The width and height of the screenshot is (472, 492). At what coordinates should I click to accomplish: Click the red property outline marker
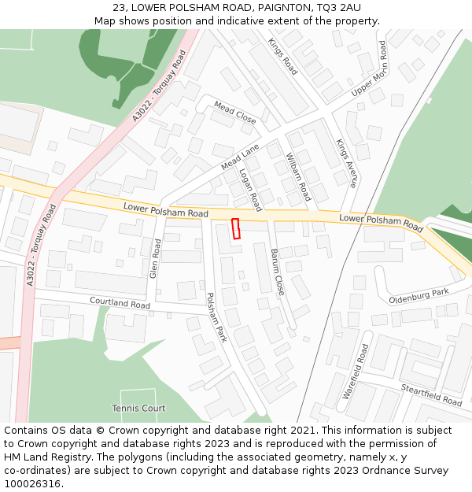click(235, 228)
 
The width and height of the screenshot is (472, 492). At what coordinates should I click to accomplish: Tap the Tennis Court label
click(138, 409)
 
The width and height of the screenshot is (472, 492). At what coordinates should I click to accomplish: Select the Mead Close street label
click(235, 113)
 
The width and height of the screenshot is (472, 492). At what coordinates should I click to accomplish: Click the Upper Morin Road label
click(370, 69)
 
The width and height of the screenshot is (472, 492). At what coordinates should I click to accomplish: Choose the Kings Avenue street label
click(347, 163)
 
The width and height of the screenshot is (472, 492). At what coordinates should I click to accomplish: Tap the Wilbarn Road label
click(299, 176)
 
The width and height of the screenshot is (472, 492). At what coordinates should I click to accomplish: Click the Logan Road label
click(250, 190)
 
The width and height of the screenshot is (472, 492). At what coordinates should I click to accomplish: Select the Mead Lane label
click(240, 157)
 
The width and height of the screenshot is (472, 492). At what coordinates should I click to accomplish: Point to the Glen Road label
click(155, 260)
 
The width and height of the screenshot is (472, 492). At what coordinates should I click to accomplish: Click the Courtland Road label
click(120, 302)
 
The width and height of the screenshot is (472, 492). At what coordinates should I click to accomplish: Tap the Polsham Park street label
click(216, 317)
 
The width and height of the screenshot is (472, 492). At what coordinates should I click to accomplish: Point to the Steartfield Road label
click(430, 394)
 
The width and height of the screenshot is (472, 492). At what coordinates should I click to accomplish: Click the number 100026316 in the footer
click(32, 483)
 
